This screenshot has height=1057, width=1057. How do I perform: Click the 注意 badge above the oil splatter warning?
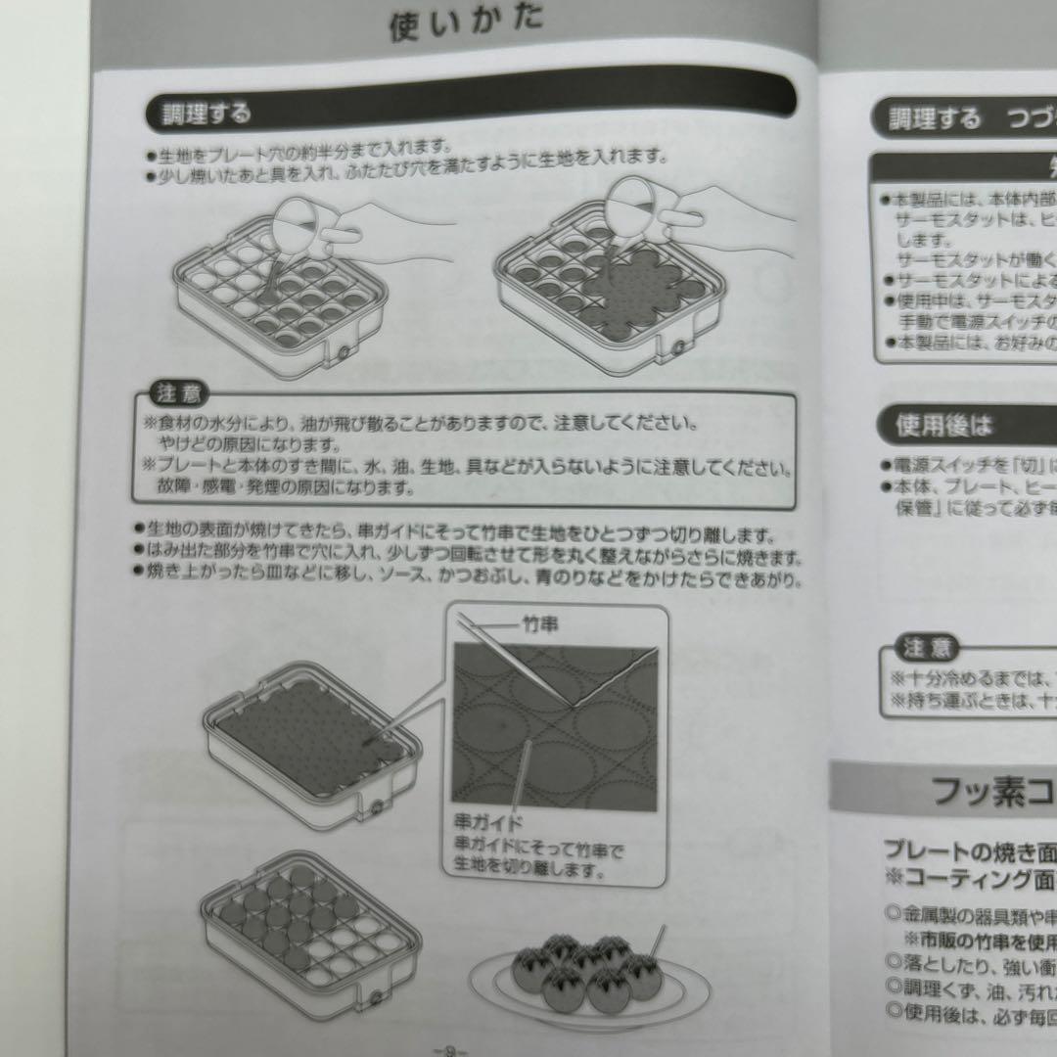coord(176,394)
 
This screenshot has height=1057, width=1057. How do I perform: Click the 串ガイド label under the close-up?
coord(488,823)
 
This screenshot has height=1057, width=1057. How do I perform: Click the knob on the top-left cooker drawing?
coord(345,349)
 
